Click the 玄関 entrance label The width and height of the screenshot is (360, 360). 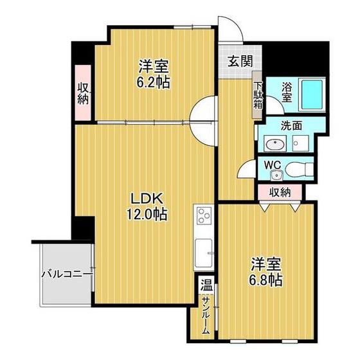[240, 61]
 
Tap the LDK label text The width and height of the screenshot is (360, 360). [147, 199]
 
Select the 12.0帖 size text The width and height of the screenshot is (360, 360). [147, 214]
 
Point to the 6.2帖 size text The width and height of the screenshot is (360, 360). [154, 82]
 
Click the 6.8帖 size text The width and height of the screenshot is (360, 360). [266, 280]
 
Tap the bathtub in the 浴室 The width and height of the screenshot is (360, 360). [312, 94]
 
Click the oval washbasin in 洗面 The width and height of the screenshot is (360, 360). [275, 145]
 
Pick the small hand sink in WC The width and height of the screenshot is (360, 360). [277, 175]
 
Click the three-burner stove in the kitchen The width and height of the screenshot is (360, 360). [204, 215]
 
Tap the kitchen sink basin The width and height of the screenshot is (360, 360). [203, 253]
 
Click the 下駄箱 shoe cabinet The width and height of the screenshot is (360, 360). [257, 94]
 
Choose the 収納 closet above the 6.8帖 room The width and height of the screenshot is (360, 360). [280, 192]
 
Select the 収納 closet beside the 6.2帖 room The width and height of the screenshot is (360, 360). [83, 93]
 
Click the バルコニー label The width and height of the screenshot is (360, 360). [67, 274]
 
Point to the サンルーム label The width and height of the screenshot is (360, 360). [206, 315]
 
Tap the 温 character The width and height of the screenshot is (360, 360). [206, 285]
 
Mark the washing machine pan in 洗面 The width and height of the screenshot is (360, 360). [300, 143]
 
